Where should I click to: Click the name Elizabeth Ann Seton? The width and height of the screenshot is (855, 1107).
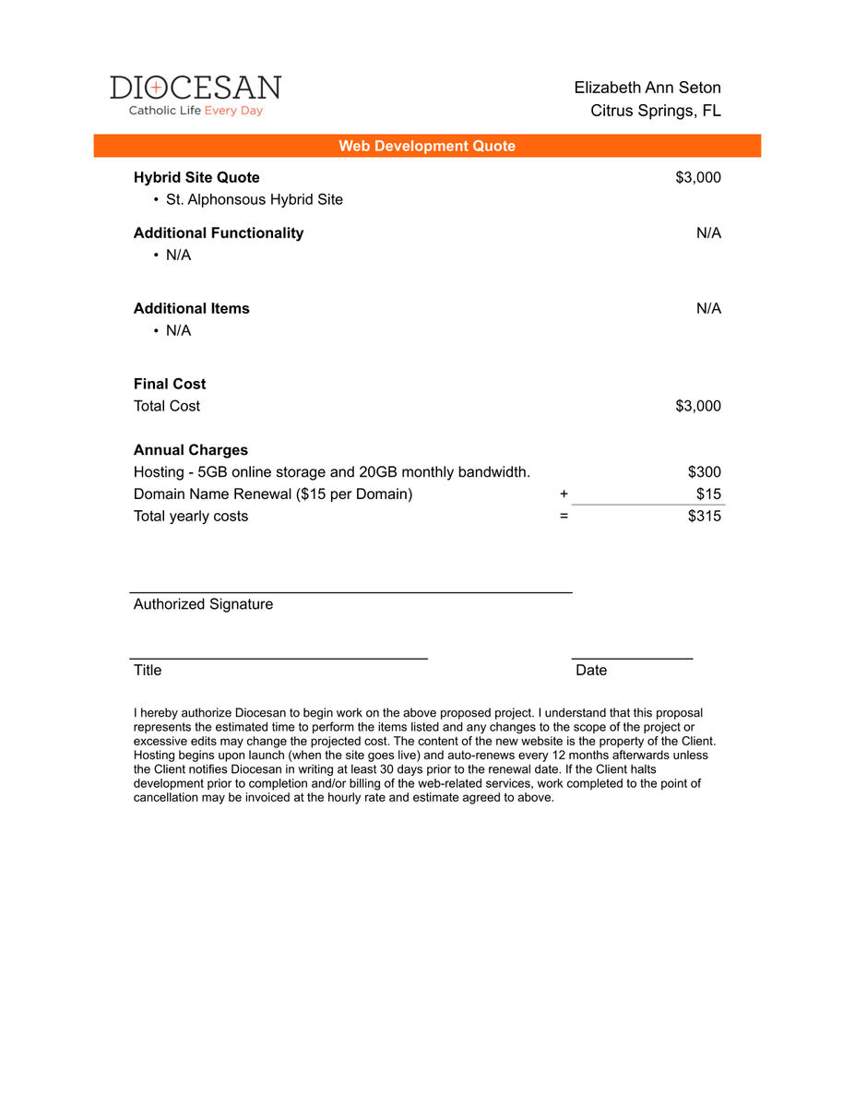pos(647,88)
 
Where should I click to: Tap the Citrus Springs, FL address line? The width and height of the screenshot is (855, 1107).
pos(656,111)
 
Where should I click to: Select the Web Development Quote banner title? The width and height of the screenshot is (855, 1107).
pos(427,146)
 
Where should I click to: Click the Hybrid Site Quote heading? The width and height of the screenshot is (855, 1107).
pos(196,177)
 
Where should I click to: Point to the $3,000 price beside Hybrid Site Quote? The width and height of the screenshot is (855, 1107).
pos(698,177)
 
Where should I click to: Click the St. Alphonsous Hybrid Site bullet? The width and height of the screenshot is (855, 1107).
pos(254,199)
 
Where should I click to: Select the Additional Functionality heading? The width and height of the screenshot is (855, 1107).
pos(219,232)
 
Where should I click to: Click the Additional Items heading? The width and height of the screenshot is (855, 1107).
pos(192,308)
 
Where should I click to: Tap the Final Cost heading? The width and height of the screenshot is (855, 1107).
pos(170,384)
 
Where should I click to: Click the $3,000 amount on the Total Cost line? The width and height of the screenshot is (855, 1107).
pos(698,406)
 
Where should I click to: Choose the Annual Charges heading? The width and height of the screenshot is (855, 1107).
pos(191,450)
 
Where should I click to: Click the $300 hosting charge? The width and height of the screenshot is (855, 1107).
pos(705,472)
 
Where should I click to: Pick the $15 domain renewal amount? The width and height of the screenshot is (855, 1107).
pos(708,494)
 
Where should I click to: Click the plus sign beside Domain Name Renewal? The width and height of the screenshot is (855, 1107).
pos(564,494)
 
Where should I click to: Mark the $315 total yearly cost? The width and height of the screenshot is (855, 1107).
pos(705,516)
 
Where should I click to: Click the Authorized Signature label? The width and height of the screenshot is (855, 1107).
pos(203,604)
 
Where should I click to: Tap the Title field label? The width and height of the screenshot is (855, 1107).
pos(148,670)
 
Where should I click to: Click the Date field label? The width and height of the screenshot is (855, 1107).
pos(591,670)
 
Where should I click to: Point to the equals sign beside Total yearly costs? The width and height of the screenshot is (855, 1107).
pos(564,516)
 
